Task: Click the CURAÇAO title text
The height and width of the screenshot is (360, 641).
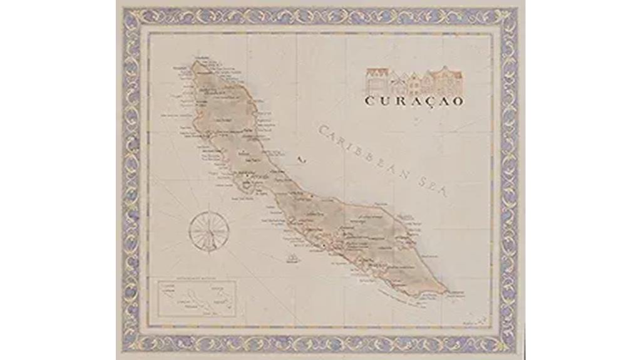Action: tap(414, 101)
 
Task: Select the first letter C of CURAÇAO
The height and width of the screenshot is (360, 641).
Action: tap(369, 101)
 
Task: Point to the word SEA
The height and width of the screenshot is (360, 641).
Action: tap(434, 186)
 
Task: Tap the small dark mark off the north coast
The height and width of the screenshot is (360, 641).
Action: tap(301, 160)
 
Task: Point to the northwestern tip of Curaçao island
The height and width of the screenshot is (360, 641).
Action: tap(195, 62)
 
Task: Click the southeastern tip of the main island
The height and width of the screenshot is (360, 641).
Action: tap(446, 291)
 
